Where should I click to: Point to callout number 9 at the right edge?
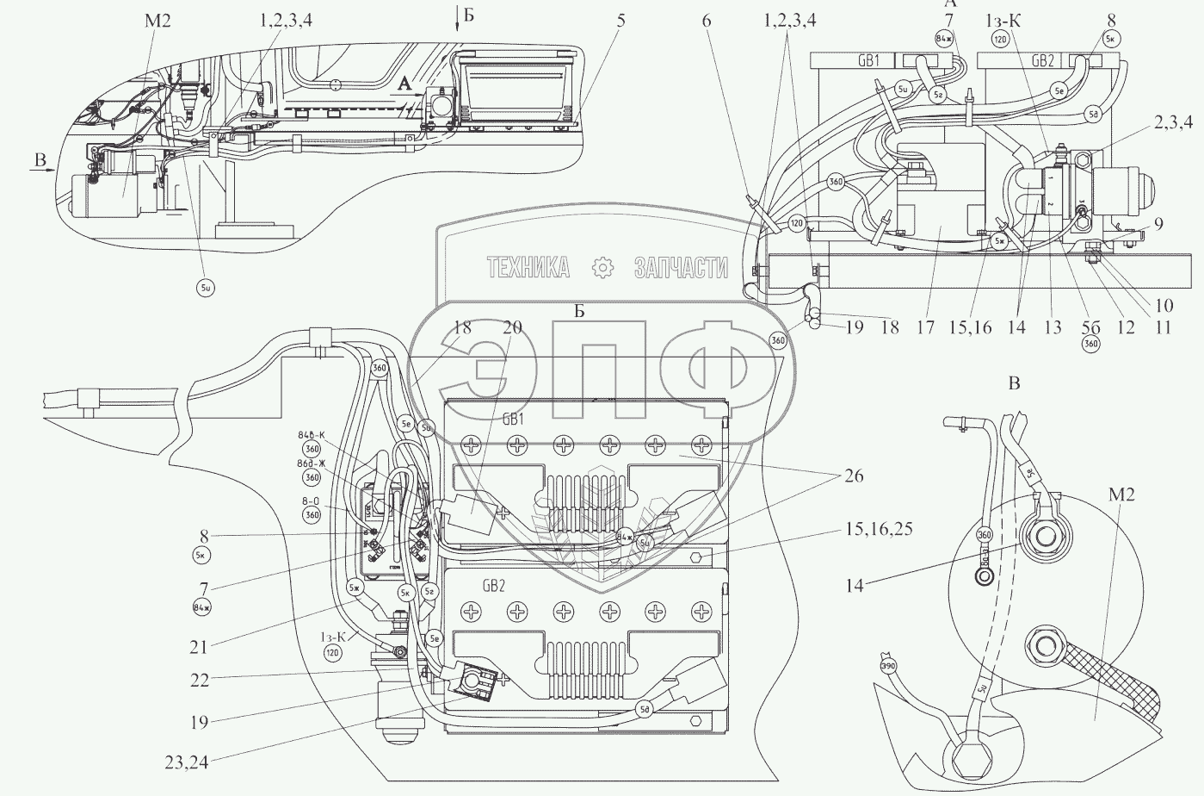[1159, 226]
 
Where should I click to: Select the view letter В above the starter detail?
[1014, 383]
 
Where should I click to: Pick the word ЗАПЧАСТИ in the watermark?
[681, 268]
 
